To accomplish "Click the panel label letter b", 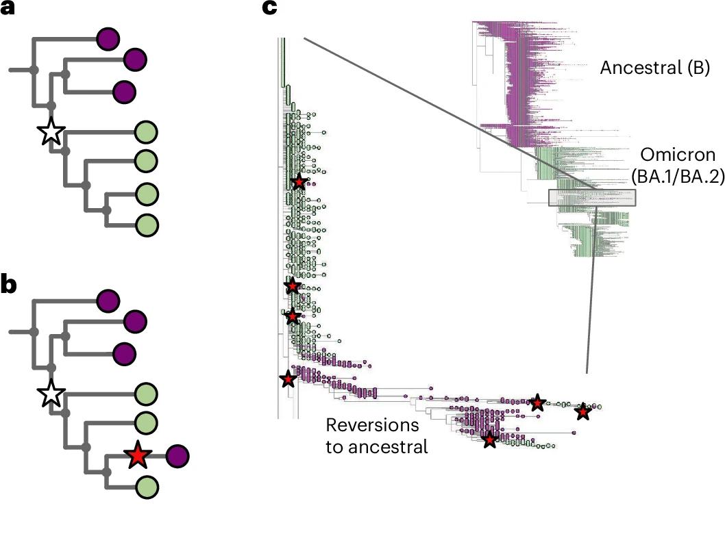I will tap(9, 285).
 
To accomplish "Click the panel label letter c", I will tap(269, 8).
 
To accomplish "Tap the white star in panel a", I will tap(50, 131).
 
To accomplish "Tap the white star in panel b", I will tap(50, 394).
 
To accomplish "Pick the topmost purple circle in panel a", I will tap(108, 39).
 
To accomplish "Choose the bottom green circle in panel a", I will tap(147, 225).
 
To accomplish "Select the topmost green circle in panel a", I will tap(146, 131).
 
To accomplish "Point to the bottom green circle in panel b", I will tap(146, 487).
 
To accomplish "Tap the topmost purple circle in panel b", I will tap(108, 301).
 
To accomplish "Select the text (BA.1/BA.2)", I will tap(677, 177).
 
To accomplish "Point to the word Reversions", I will tap(372, 425).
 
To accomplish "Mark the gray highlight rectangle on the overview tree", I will tap(592, 197).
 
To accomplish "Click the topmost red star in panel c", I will tap(299, 182).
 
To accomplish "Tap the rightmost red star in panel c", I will tap(582, 412).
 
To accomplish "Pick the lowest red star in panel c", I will tap(489, 439).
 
